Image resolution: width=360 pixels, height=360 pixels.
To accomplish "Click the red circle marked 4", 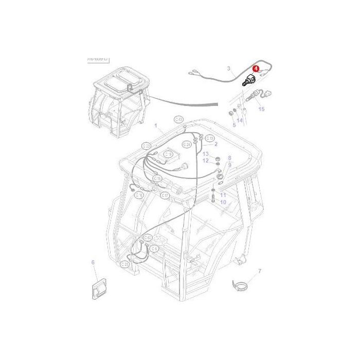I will click(256, 67).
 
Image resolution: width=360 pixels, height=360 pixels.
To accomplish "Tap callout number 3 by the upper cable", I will click(229, 68).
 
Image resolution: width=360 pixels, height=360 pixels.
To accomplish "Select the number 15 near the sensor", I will click(261, 109).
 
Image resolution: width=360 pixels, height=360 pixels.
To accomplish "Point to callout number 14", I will click(240, 121).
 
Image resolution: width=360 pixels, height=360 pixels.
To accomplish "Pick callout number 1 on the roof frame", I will click(155, 125).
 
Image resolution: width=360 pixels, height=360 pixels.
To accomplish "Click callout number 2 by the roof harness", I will click(216, 144).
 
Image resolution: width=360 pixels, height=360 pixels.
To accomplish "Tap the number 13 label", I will click(205, 154).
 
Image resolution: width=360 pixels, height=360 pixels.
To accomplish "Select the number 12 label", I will click(205, 160).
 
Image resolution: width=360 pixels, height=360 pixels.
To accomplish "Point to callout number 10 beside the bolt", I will click(223, 202).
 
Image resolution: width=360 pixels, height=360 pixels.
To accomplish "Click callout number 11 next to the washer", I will click(223, 195).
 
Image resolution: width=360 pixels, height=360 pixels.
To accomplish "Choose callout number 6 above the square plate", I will click(93, 262).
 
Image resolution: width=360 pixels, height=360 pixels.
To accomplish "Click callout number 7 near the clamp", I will click(259, 271).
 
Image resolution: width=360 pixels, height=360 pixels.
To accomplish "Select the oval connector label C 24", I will click(187, 145).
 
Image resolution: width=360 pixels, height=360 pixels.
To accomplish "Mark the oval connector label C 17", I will click(165, 195).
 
